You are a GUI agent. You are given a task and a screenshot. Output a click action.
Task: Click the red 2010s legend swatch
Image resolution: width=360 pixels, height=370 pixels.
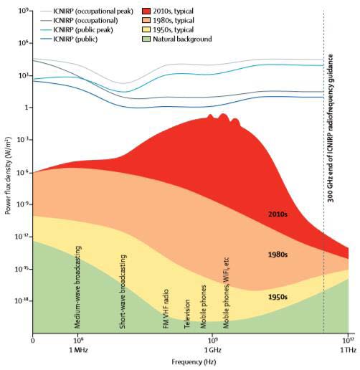coord(146,11)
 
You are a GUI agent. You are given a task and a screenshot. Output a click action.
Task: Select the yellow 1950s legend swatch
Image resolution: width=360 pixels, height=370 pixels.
coord(146,30)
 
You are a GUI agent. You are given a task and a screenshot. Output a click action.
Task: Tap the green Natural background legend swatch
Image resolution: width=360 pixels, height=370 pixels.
coord(146,39)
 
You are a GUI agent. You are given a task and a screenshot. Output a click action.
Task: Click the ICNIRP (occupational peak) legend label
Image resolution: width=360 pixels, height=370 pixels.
coord(93,11)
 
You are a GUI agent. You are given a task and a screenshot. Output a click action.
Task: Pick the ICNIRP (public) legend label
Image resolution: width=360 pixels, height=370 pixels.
coord(75,39)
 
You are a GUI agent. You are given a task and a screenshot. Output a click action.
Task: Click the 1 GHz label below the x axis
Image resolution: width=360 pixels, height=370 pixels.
coord(212,351)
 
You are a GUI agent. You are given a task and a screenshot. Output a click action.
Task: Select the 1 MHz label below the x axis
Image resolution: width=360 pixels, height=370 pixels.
coord(78,351)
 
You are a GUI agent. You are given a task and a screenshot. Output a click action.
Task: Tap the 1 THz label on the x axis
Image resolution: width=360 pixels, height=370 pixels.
coord(348,351)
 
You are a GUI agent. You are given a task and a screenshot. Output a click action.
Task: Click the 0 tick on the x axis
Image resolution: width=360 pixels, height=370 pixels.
coord(33,340)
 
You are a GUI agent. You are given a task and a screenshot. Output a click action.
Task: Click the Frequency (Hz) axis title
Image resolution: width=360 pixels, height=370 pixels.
coord(194,362)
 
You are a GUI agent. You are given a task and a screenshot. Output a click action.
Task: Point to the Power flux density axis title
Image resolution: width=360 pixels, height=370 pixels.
coord(8,176)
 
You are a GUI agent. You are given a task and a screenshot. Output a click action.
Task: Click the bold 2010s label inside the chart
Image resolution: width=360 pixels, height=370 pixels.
coord(278,214)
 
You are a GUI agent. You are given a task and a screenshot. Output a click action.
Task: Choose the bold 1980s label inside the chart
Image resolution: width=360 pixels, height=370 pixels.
coord(278,255)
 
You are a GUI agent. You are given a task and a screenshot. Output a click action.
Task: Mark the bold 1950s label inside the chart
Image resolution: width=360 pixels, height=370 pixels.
coord(278,297)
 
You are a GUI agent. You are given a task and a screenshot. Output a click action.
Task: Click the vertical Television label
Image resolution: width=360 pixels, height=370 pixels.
coord(187,314)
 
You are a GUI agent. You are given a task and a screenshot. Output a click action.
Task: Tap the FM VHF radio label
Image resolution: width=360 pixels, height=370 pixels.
coord(166,309)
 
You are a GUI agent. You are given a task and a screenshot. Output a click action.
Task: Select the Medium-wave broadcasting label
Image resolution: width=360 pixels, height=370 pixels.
coord(77,287)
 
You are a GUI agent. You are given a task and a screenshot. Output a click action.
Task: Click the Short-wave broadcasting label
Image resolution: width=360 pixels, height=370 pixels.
coord(123,292)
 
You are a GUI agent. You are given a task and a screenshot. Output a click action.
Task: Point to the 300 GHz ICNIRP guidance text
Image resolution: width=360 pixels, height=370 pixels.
coord(331,128)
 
